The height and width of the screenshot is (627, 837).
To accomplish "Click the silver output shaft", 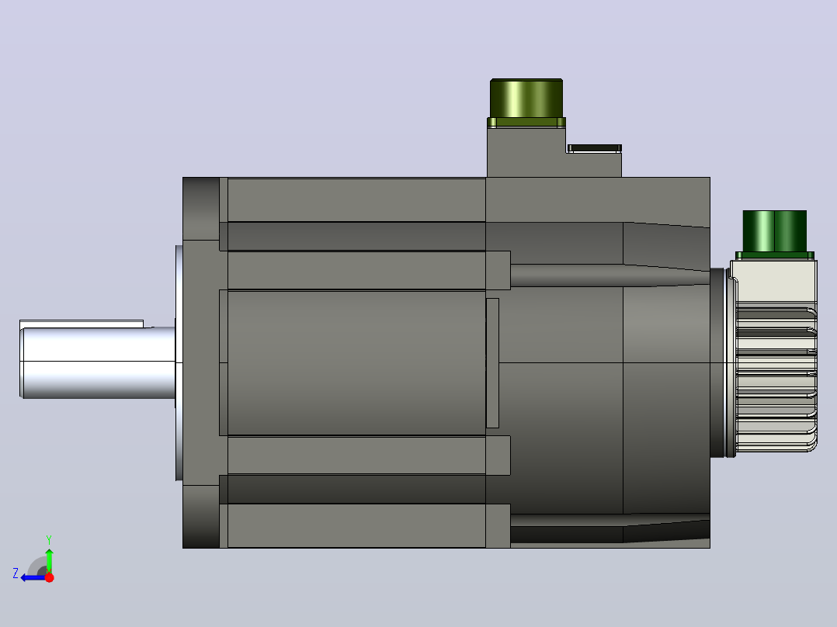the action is coord(98,363).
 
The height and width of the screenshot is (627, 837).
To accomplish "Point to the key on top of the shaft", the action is coord(81,324).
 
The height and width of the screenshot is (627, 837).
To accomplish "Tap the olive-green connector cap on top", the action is coord(526,99).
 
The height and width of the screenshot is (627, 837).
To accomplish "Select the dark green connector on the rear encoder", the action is coord(775,231).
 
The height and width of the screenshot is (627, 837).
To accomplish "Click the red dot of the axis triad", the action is coord(49,577).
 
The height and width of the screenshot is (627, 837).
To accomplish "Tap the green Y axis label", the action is coord(49,539).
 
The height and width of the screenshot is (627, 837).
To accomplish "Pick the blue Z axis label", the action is coord(16,573).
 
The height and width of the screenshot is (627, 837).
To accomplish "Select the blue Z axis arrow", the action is coord(33,577).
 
